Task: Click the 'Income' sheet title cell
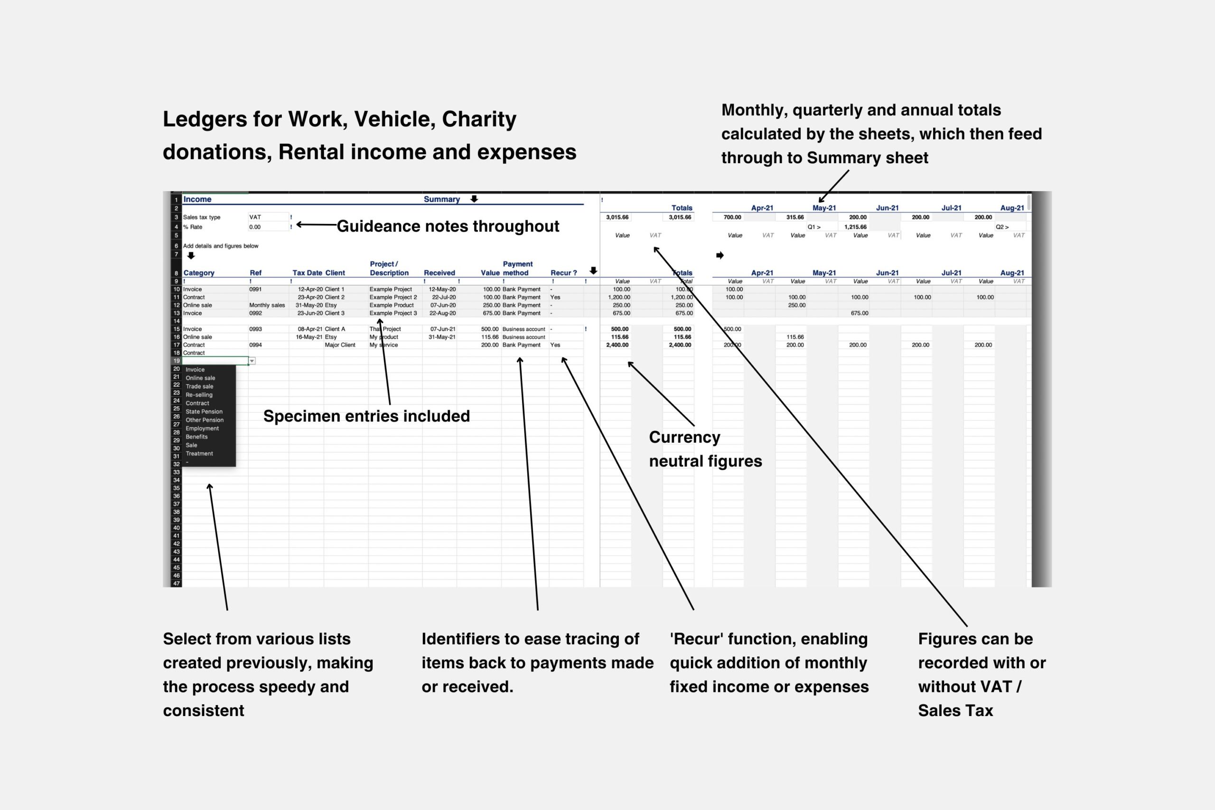point(197,199)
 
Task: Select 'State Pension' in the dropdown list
point(204,412)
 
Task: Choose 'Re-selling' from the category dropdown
point(199,395)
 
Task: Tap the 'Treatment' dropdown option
point(199,454)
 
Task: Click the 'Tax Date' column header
point(308,273)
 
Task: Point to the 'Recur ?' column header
point(563,273)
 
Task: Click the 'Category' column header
point(199,273)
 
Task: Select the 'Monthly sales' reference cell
point(267,305)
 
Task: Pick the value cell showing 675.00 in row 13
point(490,313)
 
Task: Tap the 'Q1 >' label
point(814,227)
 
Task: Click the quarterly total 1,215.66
point(855,227)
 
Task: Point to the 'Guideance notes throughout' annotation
point(448,226)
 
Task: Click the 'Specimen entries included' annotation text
point(366,416)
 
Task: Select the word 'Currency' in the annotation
point(684,438)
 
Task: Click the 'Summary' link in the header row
point(442,199)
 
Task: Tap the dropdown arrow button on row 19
point(252,361)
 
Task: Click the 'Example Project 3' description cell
point(393,313)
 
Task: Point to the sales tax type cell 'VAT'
point(255,217)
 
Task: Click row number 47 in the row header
point(177,584)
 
